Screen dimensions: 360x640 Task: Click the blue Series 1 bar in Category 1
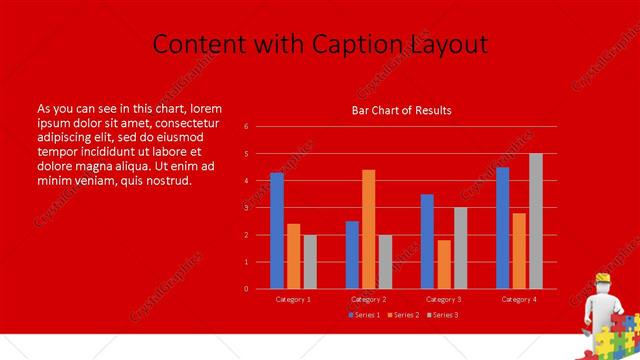(277, 231)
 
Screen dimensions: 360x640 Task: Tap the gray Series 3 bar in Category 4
(536, 221)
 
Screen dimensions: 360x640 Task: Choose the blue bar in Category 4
(502, 228)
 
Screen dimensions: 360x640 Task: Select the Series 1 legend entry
(364, 315)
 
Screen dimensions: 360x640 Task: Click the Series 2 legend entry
(404, 315)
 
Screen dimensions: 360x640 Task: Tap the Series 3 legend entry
(444, 315)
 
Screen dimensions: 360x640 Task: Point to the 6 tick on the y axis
(246, 127)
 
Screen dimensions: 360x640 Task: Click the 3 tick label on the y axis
(246, 208)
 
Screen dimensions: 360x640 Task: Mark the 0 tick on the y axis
(246, 289)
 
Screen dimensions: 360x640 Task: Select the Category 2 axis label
(369, 299)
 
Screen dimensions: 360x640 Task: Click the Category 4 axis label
(519, 299)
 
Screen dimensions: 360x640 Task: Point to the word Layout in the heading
(450, 45)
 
